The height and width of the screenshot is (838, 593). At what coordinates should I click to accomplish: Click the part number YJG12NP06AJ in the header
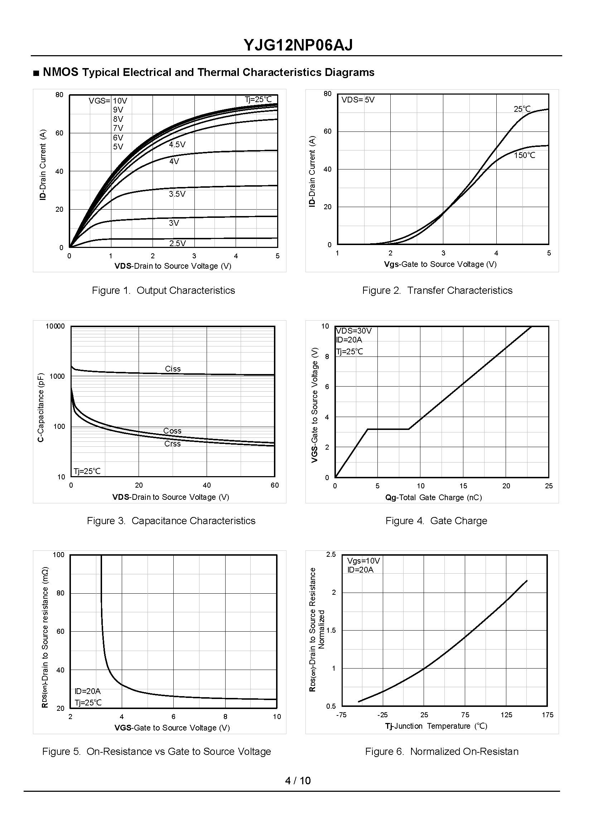(298, 46)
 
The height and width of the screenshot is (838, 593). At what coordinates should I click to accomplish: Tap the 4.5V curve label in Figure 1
(177, 145)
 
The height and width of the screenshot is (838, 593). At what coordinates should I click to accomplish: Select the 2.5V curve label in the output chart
(178, 243)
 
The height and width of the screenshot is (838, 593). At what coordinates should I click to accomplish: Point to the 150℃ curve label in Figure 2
(524, 155)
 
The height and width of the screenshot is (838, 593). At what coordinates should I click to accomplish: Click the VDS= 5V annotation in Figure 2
(358, 100)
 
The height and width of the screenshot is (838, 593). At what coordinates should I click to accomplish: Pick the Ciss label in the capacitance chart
(173, 369)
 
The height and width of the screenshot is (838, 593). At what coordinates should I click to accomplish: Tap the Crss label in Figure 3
(172, 444)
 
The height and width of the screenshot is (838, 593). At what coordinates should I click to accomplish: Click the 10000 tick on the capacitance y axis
(55, 326)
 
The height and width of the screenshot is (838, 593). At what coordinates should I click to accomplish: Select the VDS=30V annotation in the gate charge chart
(353, 331)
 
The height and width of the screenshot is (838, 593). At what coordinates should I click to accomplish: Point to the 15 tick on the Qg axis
(463, 486)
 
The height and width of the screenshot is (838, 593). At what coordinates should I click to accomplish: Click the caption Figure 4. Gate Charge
(436, 521)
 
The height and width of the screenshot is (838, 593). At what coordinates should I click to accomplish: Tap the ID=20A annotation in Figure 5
(87, 691)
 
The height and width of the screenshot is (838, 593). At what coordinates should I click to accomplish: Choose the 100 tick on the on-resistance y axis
(58, 555)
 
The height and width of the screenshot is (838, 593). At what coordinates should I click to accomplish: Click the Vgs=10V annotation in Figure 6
(363, 561)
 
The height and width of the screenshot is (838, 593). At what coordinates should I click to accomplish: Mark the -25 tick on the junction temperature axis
(382, 715)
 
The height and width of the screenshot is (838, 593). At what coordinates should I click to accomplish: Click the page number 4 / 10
(298, 781)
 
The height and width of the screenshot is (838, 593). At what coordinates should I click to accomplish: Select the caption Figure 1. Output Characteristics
(163, 291)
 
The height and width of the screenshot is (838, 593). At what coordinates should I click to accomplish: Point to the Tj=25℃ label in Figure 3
(87, 471)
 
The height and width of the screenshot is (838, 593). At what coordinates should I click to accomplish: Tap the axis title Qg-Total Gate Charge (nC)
(433, 497)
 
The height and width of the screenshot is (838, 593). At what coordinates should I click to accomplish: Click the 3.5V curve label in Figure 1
(177, 194)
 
